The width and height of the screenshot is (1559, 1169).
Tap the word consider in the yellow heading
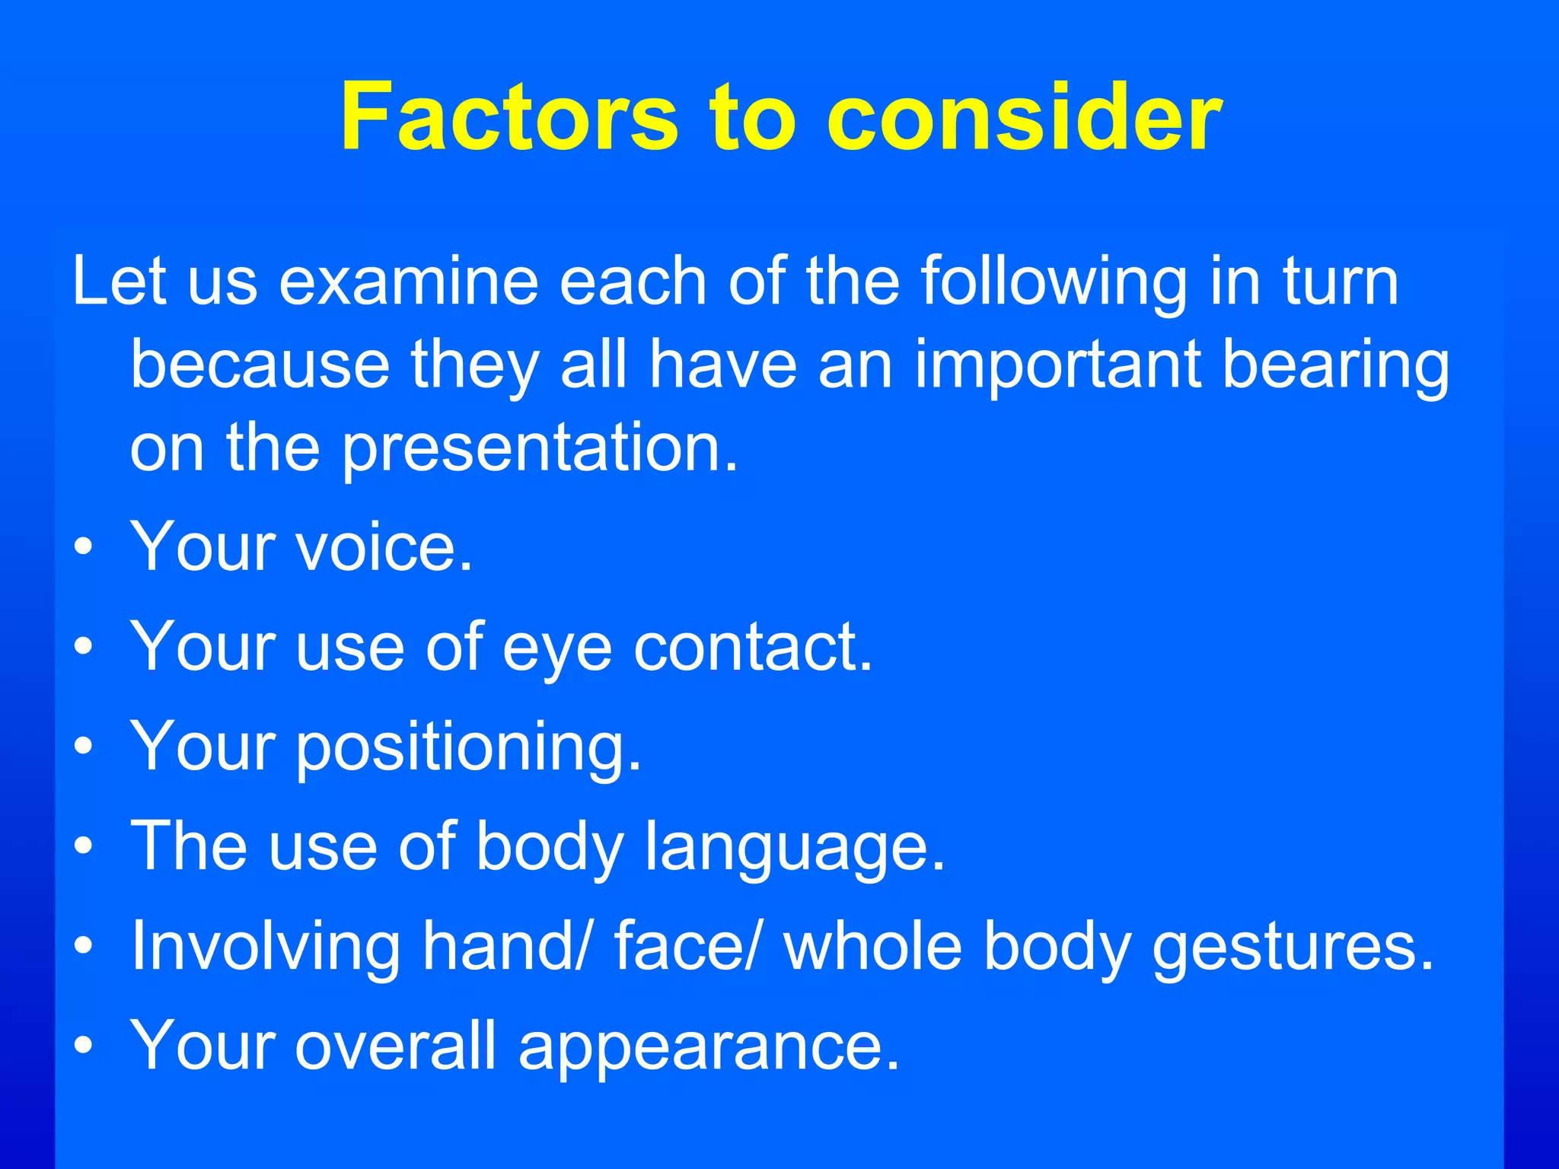pos(1024,117)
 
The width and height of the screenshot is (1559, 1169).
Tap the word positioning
pos(468,747)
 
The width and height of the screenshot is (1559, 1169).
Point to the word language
pos(795,848)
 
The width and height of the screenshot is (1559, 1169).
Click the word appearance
pos(709,1047)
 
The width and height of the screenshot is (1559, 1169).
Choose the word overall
pos(396,1046)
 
